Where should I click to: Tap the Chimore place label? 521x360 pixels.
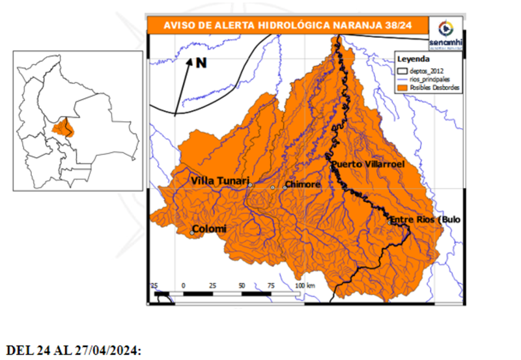pos(303,185)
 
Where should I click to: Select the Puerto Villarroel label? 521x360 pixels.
pos(368,165)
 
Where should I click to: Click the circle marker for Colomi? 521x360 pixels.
pos(192,233)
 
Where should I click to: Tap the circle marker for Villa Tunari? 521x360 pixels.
pos(250,185)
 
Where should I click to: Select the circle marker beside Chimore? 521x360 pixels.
pos(273,187)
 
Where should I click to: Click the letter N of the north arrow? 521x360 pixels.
pos(201,63)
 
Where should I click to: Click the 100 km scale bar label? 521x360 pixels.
pos(305,286)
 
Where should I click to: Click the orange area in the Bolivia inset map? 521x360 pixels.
pos(63,127)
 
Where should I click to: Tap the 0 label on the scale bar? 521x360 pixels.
pos(184,286)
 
